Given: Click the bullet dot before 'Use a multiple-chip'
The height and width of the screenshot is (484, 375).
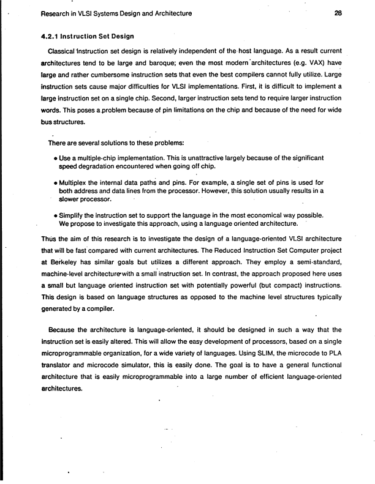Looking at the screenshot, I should (x=56, y=158).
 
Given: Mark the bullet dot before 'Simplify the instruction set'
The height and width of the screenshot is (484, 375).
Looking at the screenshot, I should (x=56, y=215).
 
